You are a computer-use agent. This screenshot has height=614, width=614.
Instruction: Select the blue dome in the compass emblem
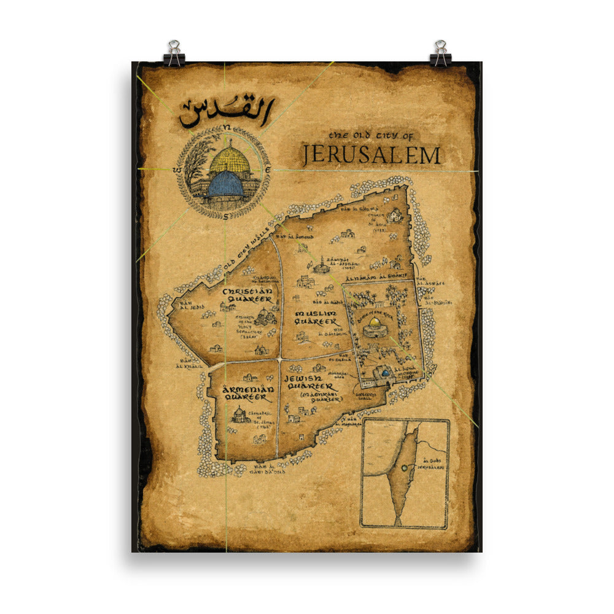click(225, 184)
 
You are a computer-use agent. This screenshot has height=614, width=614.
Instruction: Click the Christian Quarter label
click(247, 295)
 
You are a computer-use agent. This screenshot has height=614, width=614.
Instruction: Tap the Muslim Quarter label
click(316, 317)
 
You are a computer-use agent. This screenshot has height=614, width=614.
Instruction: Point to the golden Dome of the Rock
click(374, 324)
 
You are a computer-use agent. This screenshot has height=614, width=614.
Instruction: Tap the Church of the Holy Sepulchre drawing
click(264, 317)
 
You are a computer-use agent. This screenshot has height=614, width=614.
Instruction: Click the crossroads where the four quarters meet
click(280, 358)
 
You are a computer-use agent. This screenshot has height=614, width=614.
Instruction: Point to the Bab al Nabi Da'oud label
click(269, 469)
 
